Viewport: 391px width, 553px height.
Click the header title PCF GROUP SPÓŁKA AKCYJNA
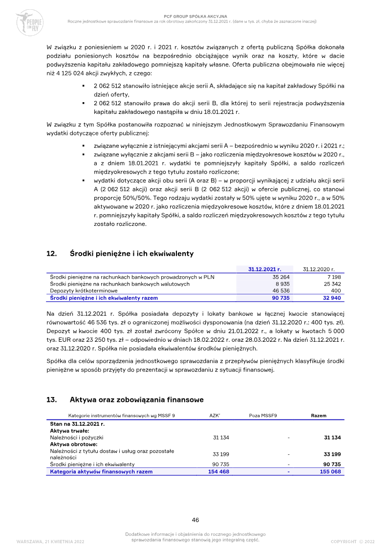[x=192, y=16]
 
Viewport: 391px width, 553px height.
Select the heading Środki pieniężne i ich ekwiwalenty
[x=131, y=254]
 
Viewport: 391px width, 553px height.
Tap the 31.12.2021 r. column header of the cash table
[x=264, y=269]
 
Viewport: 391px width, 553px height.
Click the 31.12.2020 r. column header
[x=318, y=269]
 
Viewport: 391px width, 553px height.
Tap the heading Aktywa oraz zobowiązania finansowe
[x=136, y=400]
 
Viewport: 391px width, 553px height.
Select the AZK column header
[x=214, y=416]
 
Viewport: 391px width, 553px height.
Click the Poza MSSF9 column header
[x=263, y=416]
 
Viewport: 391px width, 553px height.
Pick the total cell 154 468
[x=218, y=472]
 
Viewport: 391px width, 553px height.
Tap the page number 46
[x=195, y=520]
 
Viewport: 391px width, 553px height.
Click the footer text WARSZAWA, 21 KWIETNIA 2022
[x=50, y=542]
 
